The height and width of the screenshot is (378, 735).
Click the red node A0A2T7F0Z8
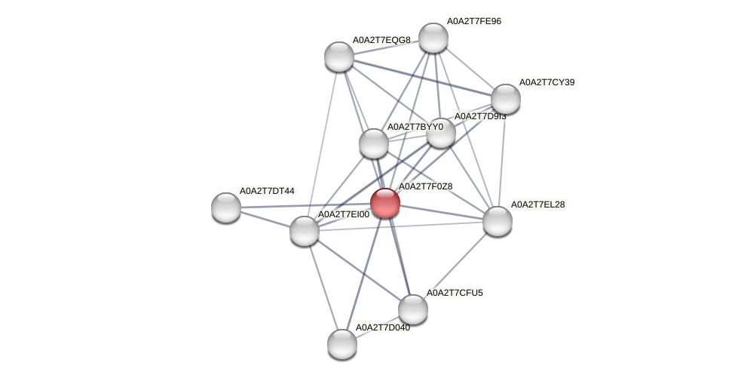click(384, 203)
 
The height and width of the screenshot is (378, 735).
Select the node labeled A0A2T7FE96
click(433, 38)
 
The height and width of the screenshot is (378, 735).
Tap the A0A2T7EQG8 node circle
click(339, 57)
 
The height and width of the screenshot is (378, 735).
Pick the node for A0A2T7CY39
click(505, 99)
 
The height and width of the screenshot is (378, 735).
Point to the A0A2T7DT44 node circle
click(226, 207)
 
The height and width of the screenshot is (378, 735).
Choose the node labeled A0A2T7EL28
click(497, 221)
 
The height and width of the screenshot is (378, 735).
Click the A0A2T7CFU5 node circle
click(412, 309)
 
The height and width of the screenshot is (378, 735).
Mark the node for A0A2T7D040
click(341, 344)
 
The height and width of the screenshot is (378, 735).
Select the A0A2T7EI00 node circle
click(305, 231)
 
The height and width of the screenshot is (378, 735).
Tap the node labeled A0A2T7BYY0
click(373, 143)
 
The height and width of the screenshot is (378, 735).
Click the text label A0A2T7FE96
click(473, 21)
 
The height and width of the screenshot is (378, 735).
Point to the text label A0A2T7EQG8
click(381, 40)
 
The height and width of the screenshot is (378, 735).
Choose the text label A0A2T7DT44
click(266, 191)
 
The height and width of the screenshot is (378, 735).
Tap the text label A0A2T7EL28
click(537, 204)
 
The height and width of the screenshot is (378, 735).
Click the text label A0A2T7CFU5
click(455, 293)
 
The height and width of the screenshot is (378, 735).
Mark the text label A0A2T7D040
click(383, 327)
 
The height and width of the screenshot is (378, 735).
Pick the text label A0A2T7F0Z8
click(425, 186)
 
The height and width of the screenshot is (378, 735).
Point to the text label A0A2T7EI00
click(344, 215)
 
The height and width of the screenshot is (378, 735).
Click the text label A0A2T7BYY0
click(415, 127)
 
